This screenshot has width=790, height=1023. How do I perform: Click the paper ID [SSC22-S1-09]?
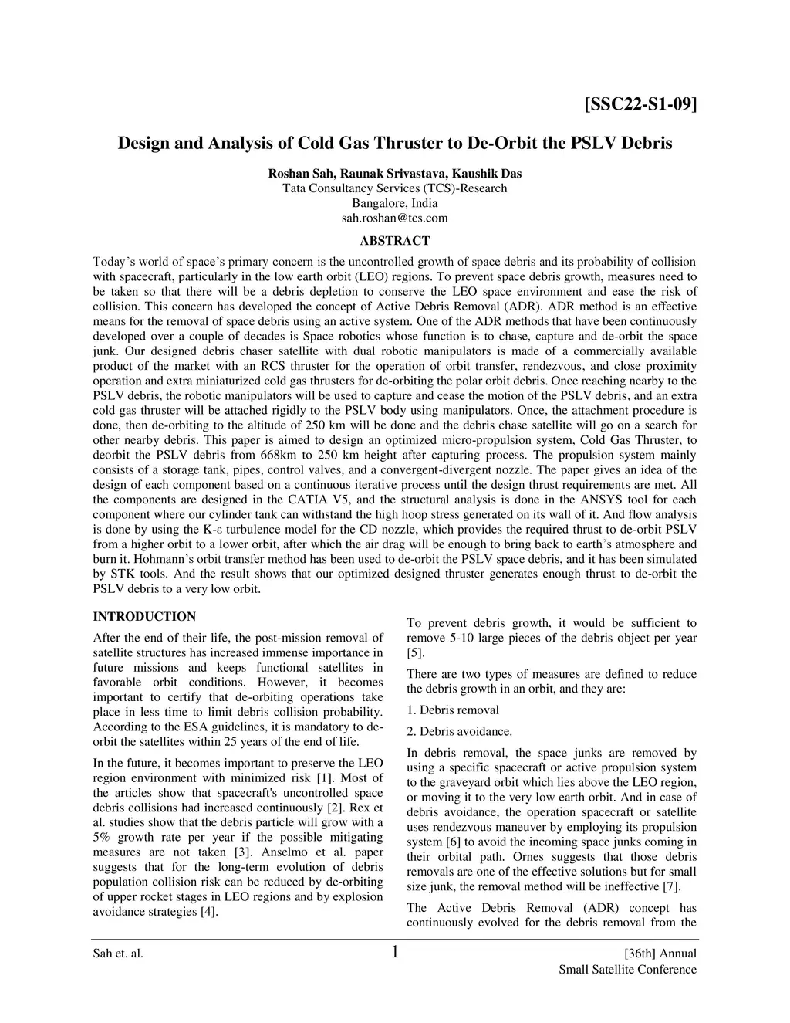(x=640, y=103)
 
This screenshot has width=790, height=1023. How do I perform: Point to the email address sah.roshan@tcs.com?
(x=394, y=218)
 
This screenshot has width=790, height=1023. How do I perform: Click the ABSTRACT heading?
(x=394, y=241)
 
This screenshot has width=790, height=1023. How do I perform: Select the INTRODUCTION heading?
(x=144, y=616)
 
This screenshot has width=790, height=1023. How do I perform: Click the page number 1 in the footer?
(x=395, y=952)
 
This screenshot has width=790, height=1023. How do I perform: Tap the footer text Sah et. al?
(x=118, y=954)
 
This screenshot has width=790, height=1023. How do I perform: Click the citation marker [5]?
(x=414, y=653)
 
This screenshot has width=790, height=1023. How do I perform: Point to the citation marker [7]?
(x=671, y=886)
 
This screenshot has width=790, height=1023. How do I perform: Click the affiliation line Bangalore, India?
(x=394, y=204)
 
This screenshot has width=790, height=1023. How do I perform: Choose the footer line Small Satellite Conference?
(x=627, y=970)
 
